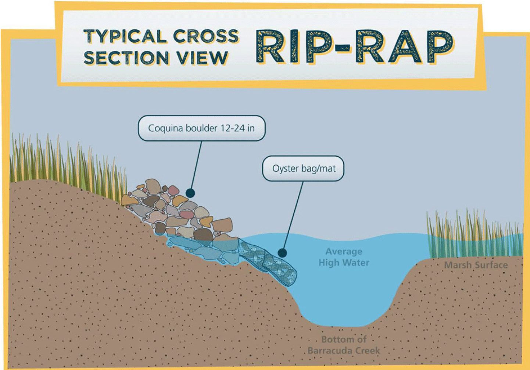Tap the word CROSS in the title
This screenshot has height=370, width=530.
click(206, 36)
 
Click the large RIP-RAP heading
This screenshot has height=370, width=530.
click(355, 47)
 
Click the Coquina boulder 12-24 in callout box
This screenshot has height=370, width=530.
click(201, 128)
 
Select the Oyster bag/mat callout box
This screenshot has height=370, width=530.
click(304, 169)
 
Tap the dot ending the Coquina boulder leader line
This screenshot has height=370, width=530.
click(190, 193)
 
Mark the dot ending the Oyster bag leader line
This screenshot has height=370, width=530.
click(282, 253)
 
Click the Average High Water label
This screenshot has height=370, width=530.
click(344, 257)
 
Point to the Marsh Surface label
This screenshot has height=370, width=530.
click(476, 265)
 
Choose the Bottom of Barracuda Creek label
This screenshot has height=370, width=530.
click(344, 345)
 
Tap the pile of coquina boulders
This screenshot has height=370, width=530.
click(180, 213)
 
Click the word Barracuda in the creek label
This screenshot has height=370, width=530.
click(333, 351)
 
